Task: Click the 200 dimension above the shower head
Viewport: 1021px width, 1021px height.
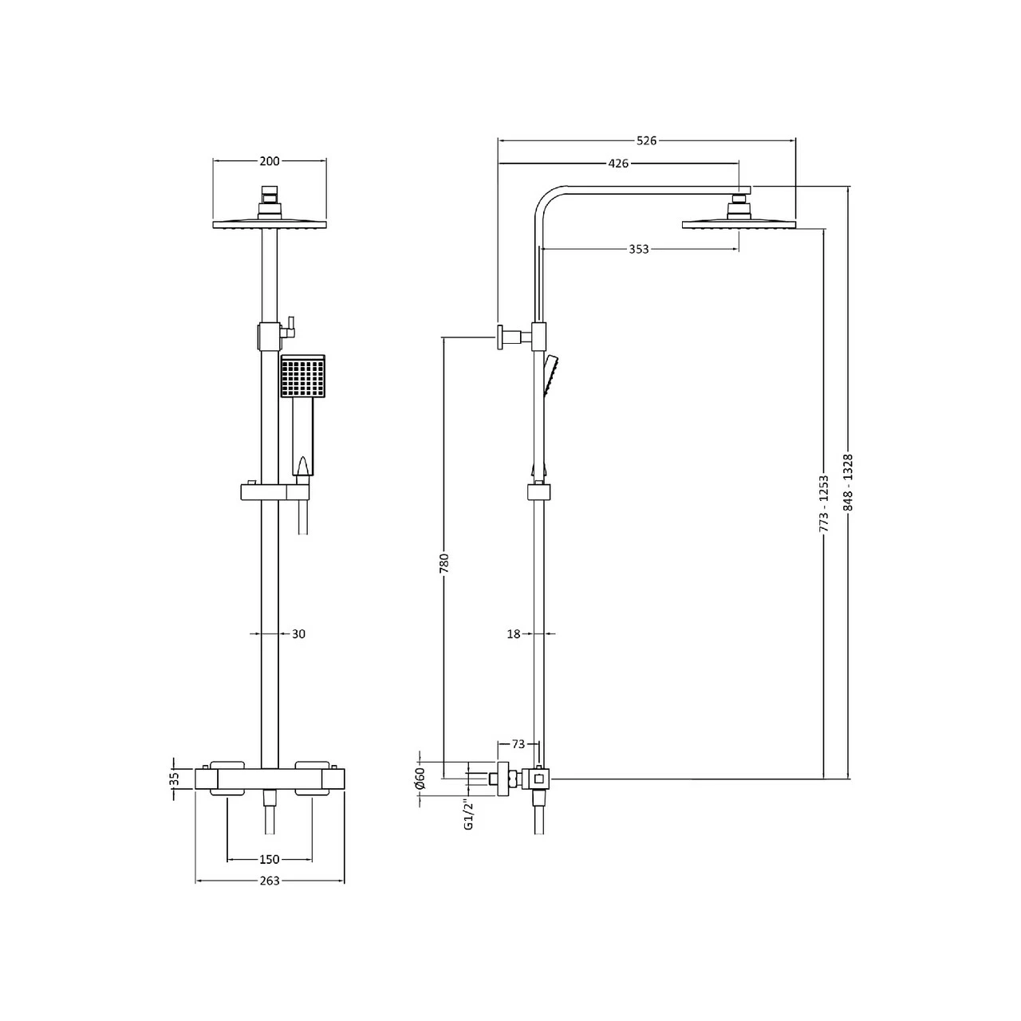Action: coord(270,161)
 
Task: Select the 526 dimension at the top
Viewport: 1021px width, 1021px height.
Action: coord(646,140)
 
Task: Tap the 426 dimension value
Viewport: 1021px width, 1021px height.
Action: coord(618,164)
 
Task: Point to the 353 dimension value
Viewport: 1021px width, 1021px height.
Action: coord(638,249)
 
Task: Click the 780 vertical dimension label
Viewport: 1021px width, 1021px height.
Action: coord(445,562)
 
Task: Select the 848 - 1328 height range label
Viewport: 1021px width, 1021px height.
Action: coord(848,483)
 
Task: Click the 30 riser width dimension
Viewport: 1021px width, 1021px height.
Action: coord(298,634)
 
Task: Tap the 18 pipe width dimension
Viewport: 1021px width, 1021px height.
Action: coord(513,634)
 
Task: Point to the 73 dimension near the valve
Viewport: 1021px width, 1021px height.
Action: coord(518,744)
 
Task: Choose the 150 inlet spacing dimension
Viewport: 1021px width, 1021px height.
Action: coord(270,859)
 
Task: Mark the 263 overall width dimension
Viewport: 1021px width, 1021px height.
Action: coord(270,881)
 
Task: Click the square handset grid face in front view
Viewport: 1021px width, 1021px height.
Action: coord(302,377)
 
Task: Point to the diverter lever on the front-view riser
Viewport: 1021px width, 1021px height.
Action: coord(291,325)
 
